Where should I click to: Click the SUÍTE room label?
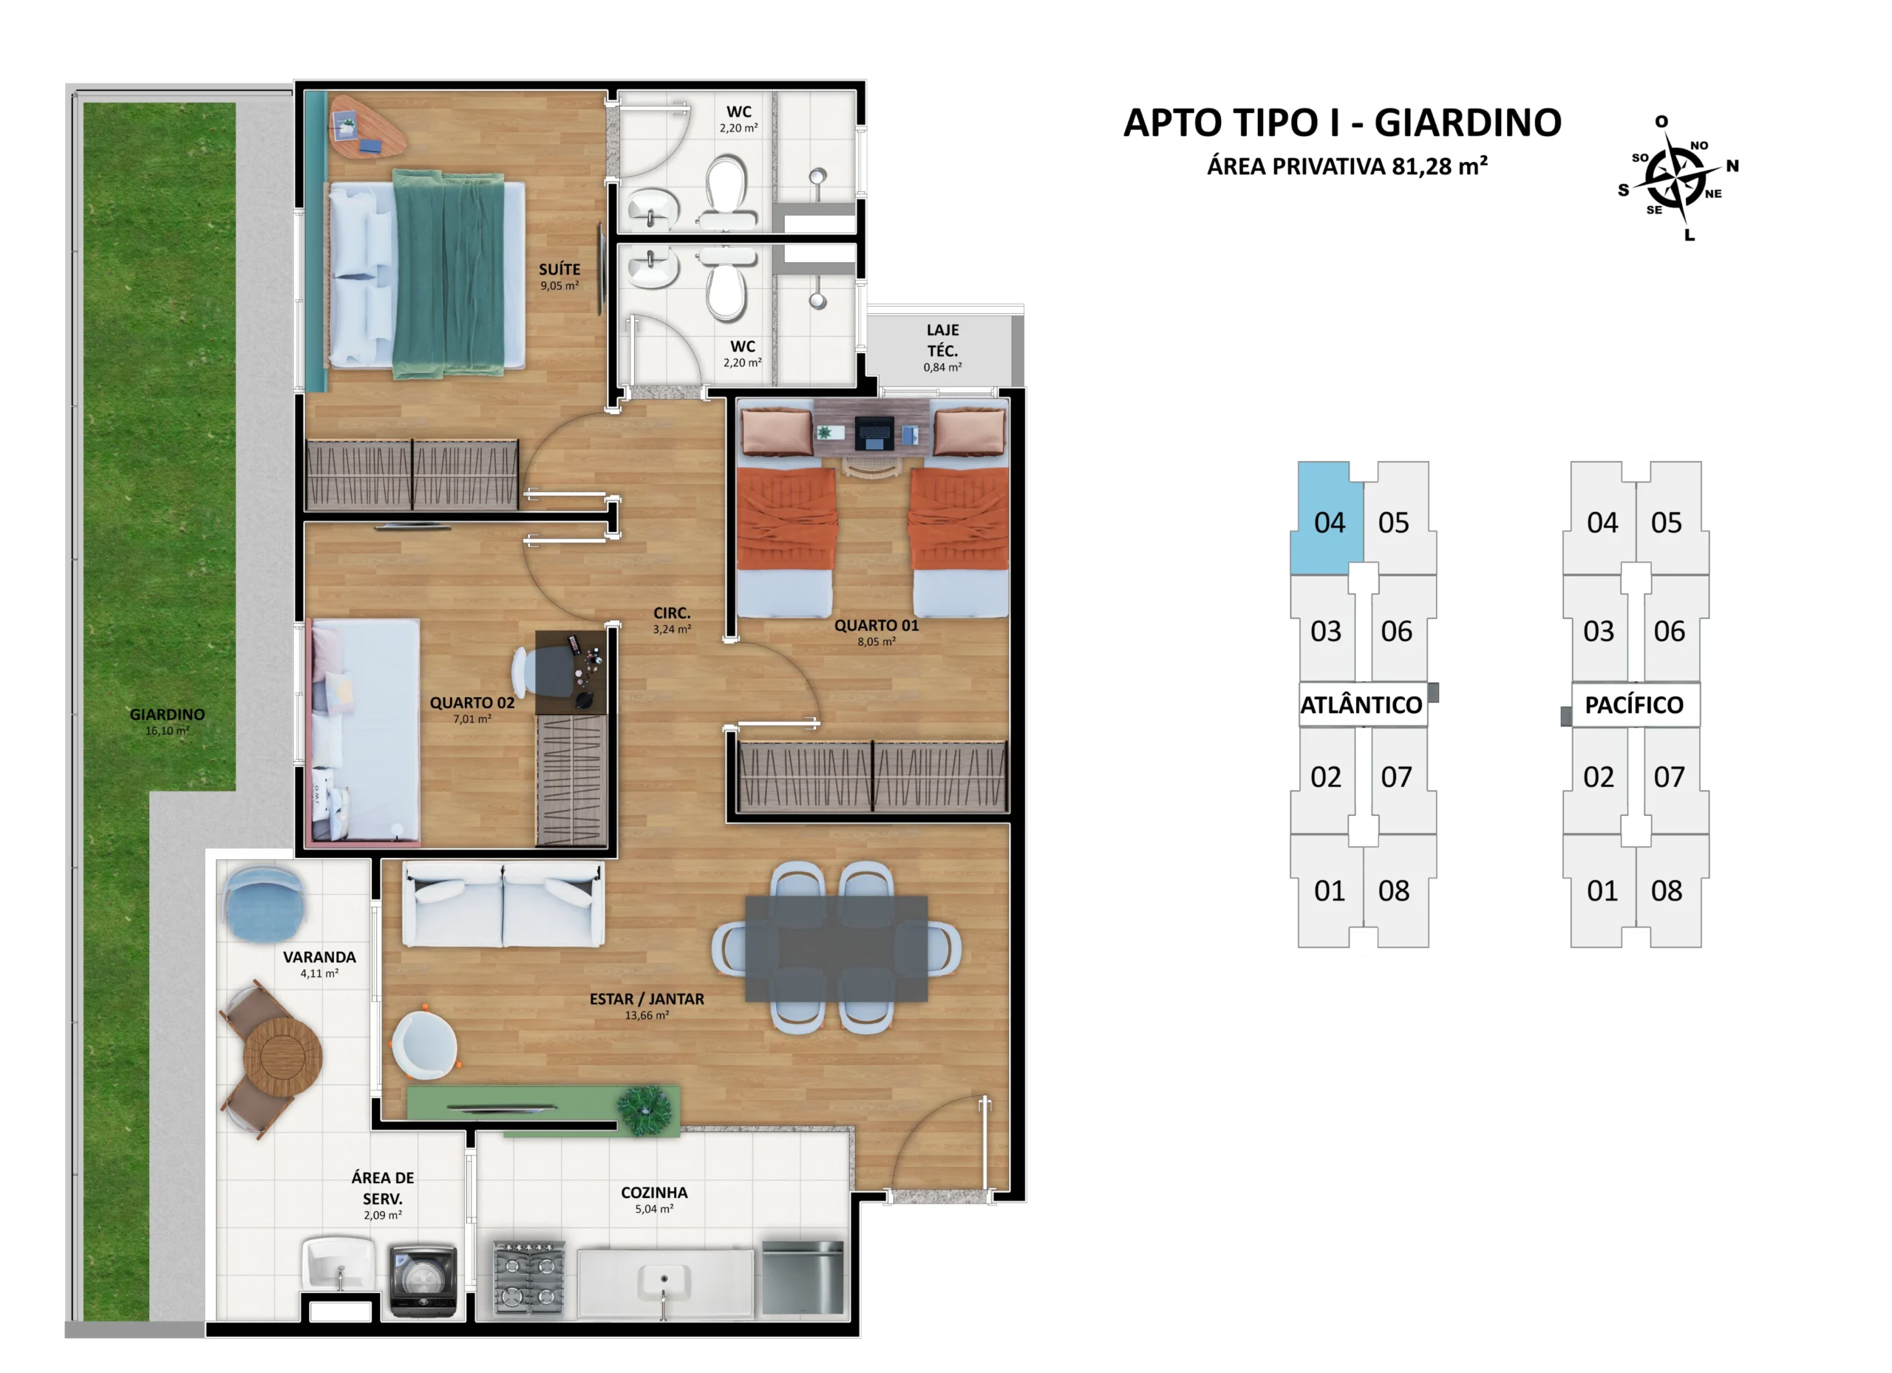pos(559,270)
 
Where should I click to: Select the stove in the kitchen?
pos(529,1278)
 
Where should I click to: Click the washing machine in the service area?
pos(423,1281)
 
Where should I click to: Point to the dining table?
pos(836,948)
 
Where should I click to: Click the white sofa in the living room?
pos(503,905)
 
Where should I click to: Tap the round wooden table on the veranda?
pos(283,1056)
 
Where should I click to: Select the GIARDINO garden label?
pos(167,714)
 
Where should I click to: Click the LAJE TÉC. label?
pos(942,341)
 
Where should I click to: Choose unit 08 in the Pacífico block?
pos(1666,891)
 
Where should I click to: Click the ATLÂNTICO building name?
pos(1361,705)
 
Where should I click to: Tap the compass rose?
pos(1677,179)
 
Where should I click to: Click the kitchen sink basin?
pos(664,1282)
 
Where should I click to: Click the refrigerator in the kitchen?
pos(803,1278)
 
